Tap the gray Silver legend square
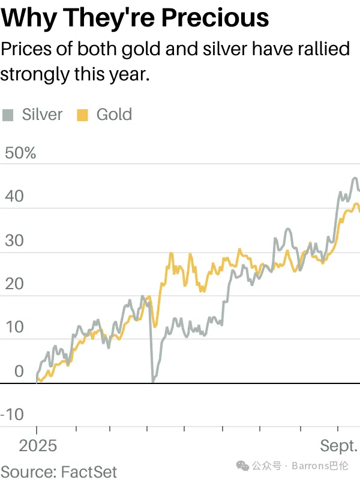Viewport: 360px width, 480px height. (x=8, y=115)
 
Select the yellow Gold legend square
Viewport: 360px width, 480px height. (x=83, y=115)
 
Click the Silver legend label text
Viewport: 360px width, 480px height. (x=42, y=115)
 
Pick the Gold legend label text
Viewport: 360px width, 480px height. (x=114, y=115)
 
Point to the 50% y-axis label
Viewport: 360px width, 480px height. (x=20, y=153)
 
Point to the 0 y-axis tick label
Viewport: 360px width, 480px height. (x=19, y=371)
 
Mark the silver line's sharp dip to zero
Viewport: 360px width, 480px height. (x=153, y=380)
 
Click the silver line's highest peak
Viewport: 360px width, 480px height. (x=355, y=178)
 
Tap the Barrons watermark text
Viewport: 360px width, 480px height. (x=321, y=466)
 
